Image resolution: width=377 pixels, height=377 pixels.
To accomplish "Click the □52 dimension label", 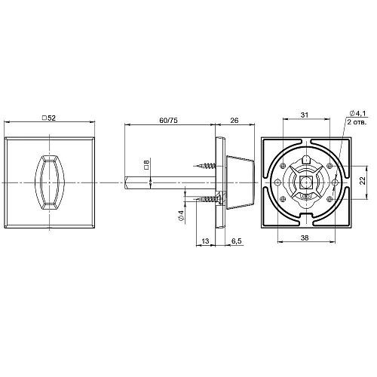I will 51,118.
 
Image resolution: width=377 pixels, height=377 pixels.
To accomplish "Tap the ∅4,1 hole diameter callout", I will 356,113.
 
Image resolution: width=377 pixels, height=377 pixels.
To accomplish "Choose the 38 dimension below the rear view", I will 302,237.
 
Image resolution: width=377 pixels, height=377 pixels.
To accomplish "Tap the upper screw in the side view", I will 205,163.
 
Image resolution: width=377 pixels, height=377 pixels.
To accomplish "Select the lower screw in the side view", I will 205,198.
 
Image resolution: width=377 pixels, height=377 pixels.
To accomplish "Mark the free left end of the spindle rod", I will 127,181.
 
